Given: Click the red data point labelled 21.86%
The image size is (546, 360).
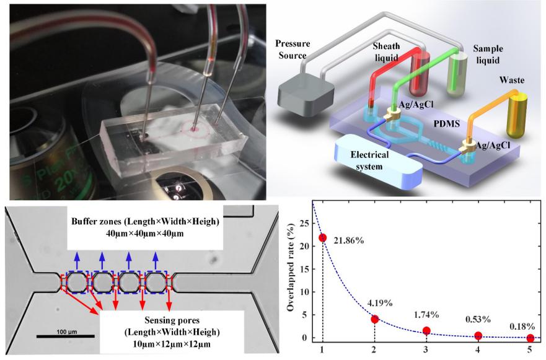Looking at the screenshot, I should click(x=322, y=238).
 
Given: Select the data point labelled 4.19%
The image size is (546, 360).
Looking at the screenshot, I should click(x=374, y=318).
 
